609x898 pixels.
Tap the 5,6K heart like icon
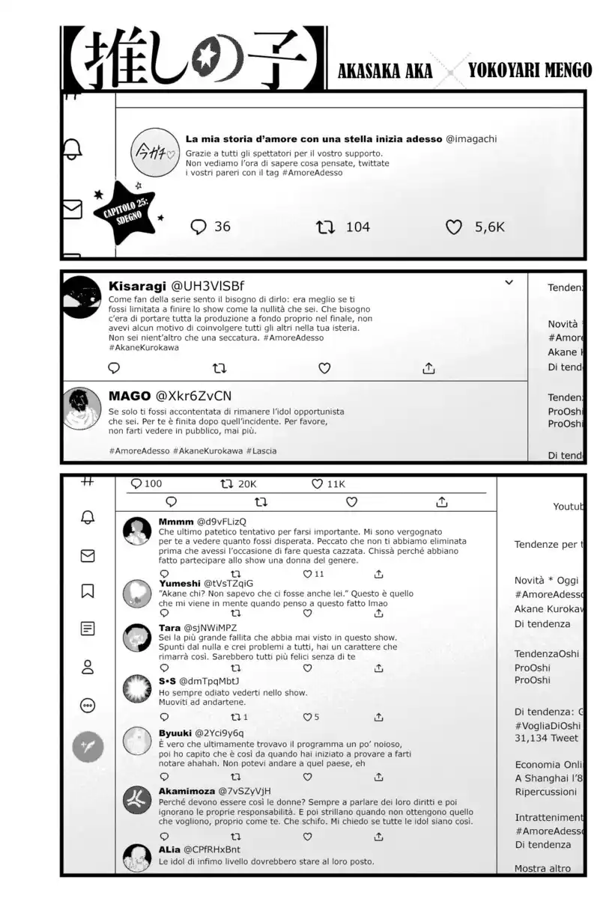click(454, 227)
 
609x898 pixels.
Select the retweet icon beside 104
click(326, 227)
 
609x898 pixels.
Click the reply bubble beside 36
click(199, 227)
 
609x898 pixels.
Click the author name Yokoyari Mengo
click(530, 70)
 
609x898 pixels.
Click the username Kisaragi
click(137, 286)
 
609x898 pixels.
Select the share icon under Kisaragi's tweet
click(429, 368)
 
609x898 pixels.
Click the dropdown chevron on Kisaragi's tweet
click(509, 283)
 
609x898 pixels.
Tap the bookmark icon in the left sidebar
click(88, 591)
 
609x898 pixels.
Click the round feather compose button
click(88, 746)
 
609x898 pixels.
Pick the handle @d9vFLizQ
click(222, 521)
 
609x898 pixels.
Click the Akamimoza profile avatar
click(137, 800)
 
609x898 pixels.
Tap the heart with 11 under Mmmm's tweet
click(307, 574)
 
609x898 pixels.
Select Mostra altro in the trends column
click(542, 869)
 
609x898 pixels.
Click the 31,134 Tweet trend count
click(547, 738)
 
